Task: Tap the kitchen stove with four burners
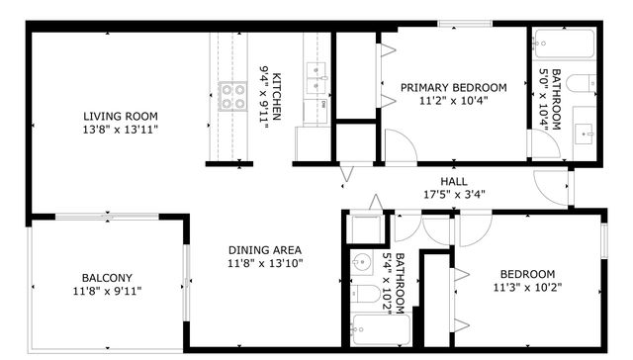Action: pos(232,96)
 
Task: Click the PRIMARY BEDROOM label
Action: pos(453,88)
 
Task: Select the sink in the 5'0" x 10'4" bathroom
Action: pos(585,130)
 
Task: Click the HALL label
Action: pos(454,181)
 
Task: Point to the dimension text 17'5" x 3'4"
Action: pos(454,194)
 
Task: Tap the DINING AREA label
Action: pos(265,250)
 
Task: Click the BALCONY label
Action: pos(107,278)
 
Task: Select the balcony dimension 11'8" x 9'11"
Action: pos(107,291)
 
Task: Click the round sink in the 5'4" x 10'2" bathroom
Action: pos(358,264)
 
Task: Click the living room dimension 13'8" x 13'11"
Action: pos(122,130)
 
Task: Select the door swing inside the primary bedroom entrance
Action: pos(399,149)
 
